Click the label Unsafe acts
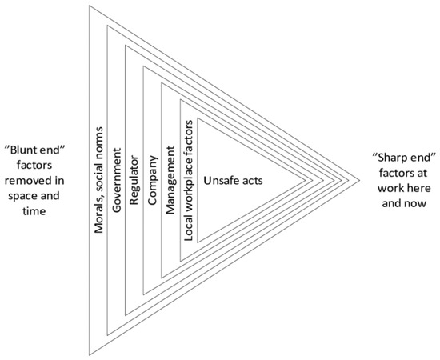pos(233,181)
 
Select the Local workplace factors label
pos(189,181)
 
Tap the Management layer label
pos(170,180)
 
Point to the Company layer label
pos(152,180)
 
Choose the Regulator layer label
pos(134,180)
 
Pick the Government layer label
pos(116,180)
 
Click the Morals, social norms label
pos(98,180)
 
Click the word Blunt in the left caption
pos(24,150)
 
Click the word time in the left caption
pos(34,210)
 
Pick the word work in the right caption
pos(390,188)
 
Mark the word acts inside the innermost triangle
pos(252,181)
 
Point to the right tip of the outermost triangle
pos(359,180)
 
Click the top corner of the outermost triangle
pos(90,6)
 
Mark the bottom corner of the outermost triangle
pos(90,355)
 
